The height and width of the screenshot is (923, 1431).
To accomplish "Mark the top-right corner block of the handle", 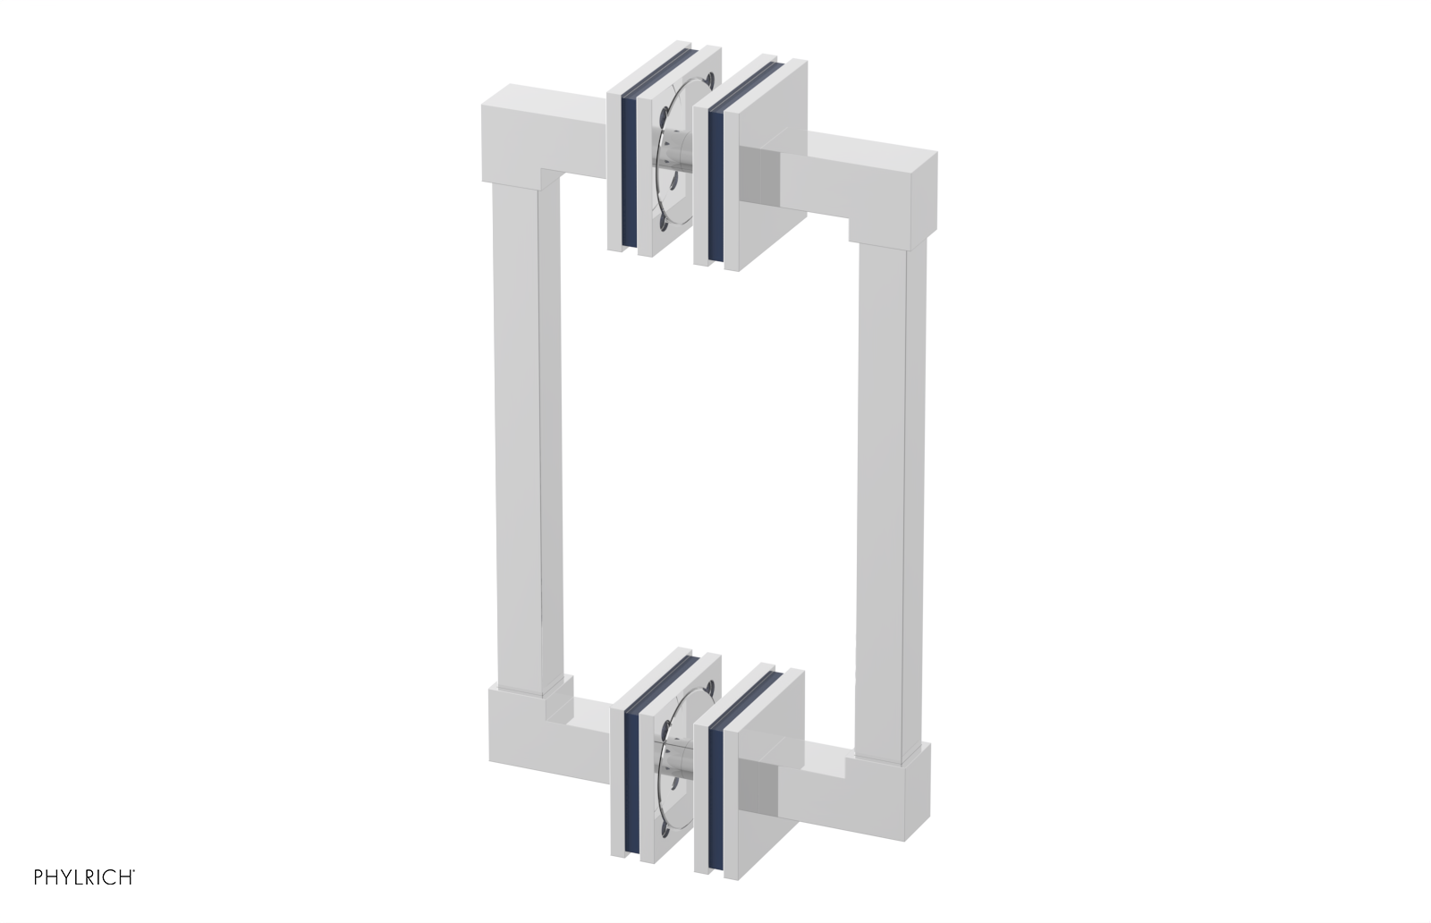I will [x=903, y=188].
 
